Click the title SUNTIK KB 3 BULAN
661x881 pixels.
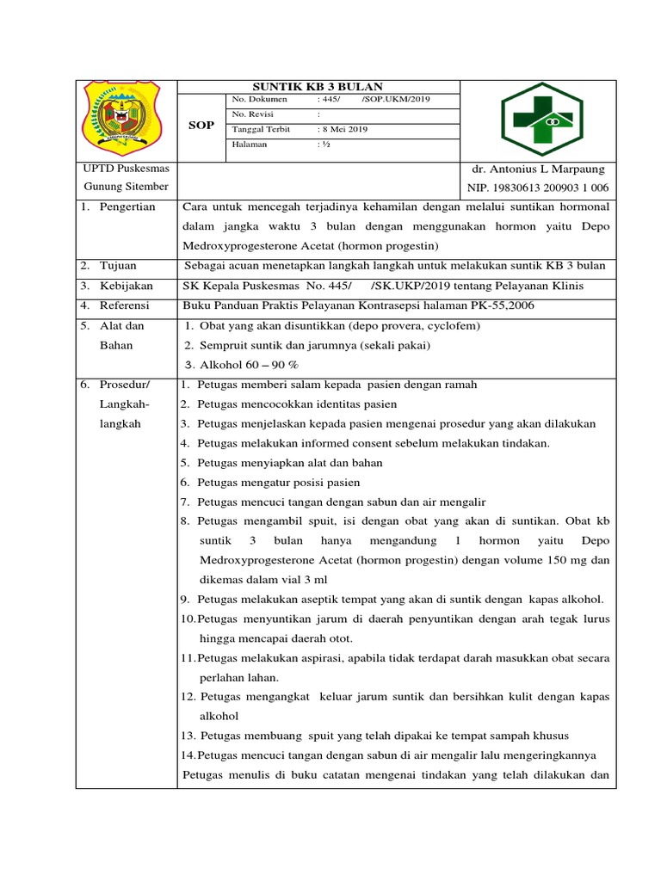[318, 86]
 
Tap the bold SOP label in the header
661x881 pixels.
[201, 126]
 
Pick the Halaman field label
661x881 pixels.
[250, 145]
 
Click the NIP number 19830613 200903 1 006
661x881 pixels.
[538, 188]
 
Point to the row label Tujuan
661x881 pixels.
[119, 266]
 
